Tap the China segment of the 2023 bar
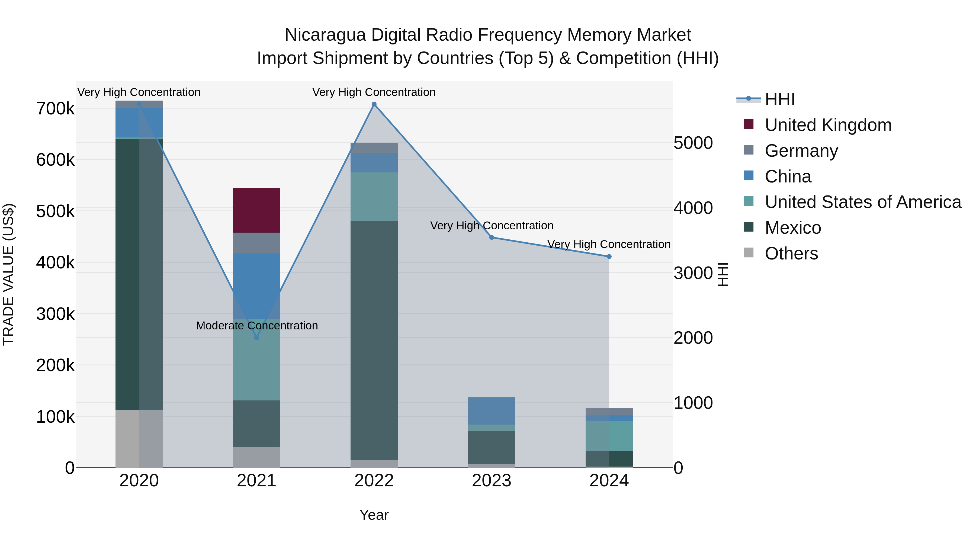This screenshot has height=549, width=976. (x=492, y=411)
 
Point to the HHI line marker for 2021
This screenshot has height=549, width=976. (x=256, y=337)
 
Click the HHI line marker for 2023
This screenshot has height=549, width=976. (x=492, y=237)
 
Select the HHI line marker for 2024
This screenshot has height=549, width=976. (x=609, y=256)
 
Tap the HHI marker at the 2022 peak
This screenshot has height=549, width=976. (x=374, y=104)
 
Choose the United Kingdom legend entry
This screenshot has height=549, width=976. (x=828, y=125)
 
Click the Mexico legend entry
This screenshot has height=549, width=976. (x=793, y=228)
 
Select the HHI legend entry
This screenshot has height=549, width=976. (x=779, y=99)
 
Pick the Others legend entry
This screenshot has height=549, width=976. (x=791, y=253)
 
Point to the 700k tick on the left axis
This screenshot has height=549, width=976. (x=55, y=109)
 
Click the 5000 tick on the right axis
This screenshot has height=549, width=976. (x=693, y=143)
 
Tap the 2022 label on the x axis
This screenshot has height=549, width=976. (x=374, y=481)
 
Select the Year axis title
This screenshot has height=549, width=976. (x=374, y=515)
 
